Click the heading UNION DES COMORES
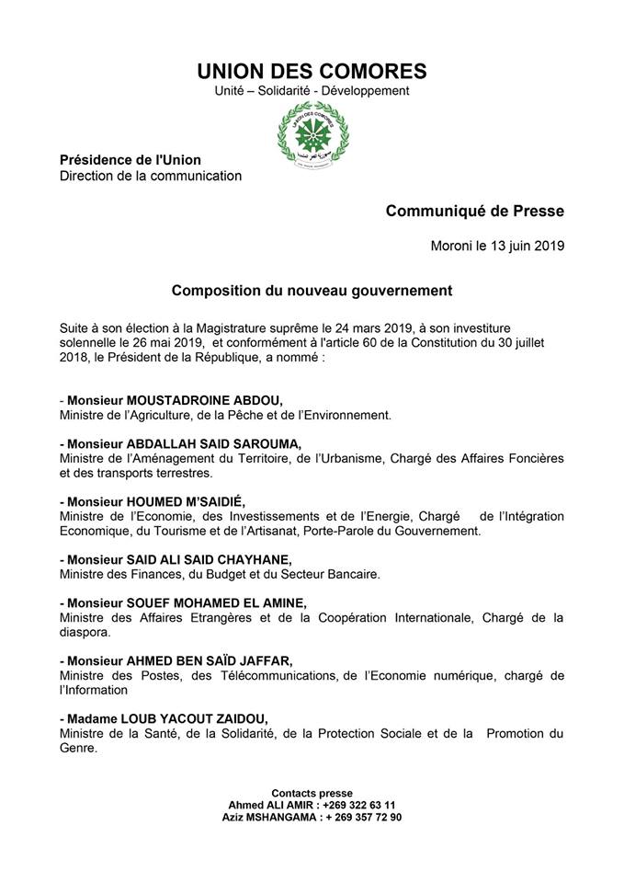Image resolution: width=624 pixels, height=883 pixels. point(312,71)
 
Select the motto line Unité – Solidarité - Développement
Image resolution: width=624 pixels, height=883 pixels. point(312,91)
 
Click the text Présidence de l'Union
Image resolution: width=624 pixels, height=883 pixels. point(130,160)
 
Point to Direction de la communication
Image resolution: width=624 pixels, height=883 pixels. point(151,176)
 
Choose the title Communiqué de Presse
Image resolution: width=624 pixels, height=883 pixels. point(475,211)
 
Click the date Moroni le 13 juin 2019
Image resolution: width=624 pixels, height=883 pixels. point(497,246)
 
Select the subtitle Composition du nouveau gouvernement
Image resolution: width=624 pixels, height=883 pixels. point(312,291)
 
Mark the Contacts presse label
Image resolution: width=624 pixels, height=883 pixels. point(312,793)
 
